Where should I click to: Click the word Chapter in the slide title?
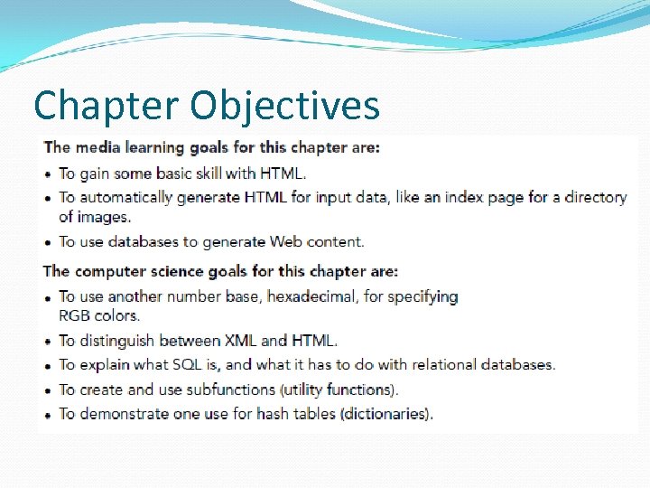click(x=106, y=105)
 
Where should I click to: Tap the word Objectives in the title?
click(x=284, y=105)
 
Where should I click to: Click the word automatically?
click(x=134, y=197)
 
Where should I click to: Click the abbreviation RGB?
click(x=75, y=315)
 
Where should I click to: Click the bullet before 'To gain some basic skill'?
click(x=48, y=174)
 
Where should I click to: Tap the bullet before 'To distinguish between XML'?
click(x=48, y=342)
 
